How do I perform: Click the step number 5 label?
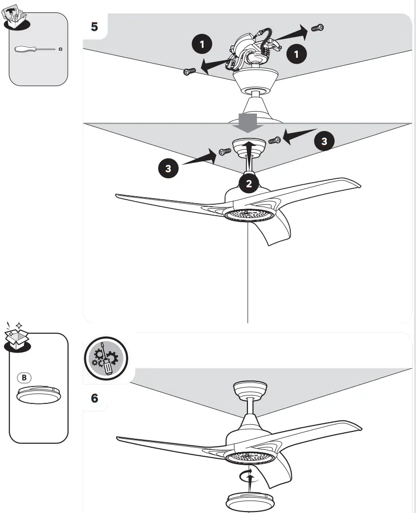click(94, 27)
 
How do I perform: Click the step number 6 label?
click(94, 398)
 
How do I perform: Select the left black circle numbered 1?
click(202, 45)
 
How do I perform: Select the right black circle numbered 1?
click(297, 54)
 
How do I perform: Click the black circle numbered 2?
click(249, 184)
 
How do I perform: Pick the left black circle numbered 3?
click(168, 168)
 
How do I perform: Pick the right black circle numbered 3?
click(324, 141)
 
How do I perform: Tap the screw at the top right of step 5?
click(318, 28)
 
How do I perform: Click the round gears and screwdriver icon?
click(106, 358)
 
